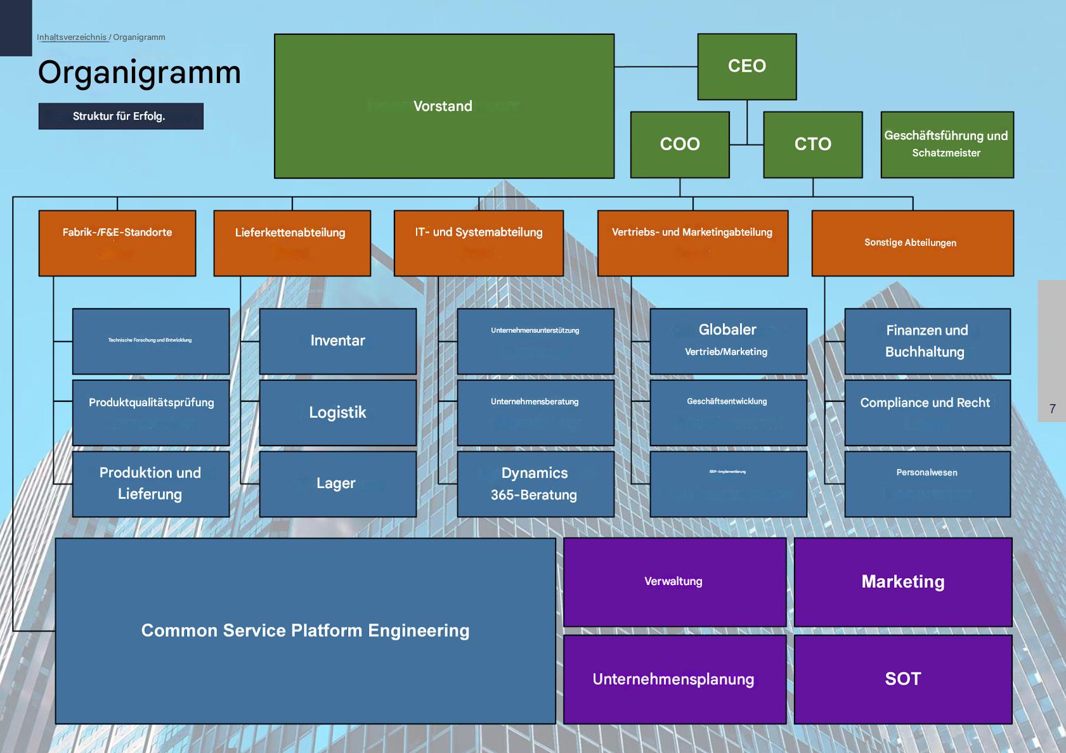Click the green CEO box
click(746, 67)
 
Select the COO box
click(679, 145)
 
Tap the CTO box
click(812, 145)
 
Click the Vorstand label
click(443, 106)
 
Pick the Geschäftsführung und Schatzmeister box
click(947, 145)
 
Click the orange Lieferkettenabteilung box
click(292, 243)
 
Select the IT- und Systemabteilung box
click(478, 243)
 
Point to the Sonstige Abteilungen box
click(912, 243)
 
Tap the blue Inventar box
click(337, 341)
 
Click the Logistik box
click(337, 413)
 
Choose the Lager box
click(337, 484)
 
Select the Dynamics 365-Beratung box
click(535, 484)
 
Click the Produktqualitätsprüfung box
click(151, 413)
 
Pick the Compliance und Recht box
click(926, 413)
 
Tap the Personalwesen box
click(926, 484)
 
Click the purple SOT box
click(902, 679)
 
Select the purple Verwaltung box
click(674, 582)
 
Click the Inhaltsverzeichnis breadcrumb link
click(72, 37)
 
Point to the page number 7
click(1052, 409)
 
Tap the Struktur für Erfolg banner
click(120, 116)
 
